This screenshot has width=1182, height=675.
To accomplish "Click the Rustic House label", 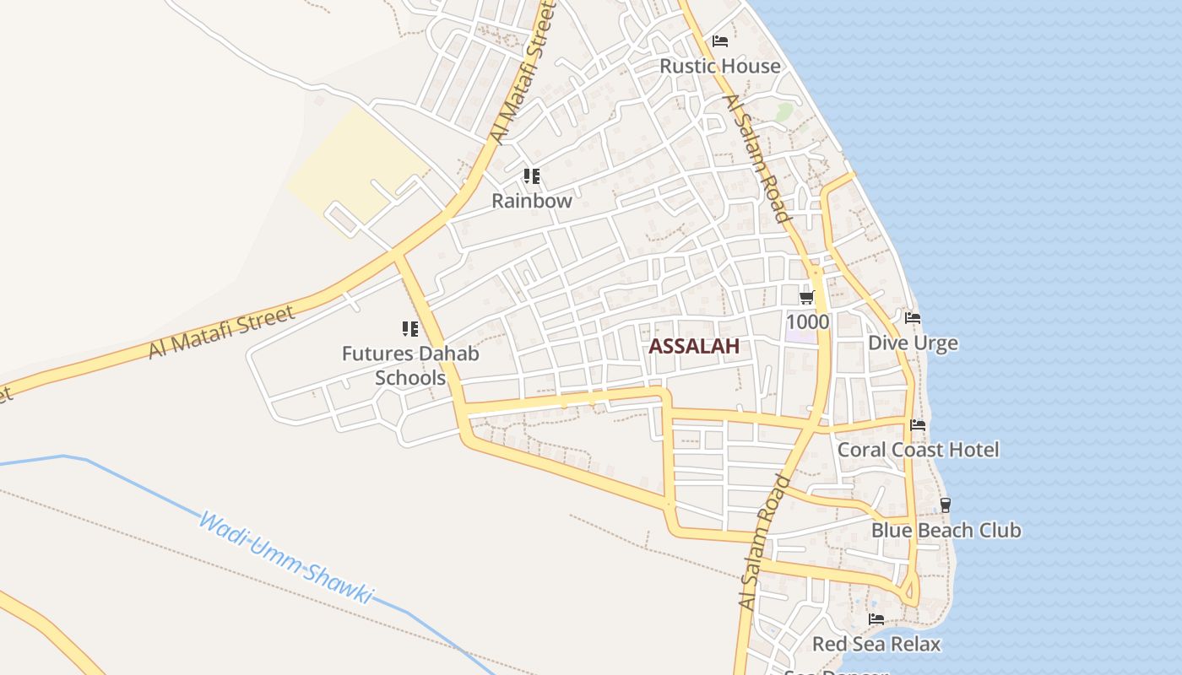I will [x=719, y=66].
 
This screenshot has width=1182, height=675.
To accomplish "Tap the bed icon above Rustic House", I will [x=720, y=40].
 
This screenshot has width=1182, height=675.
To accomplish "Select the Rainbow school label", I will [x=532, y=201].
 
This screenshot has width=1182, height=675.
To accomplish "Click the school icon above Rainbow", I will [x=531, y=176].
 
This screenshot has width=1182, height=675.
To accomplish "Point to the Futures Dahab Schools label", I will [x=410, y=364].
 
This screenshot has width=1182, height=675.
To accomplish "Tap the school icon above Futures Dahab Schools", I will [x=410, y=329].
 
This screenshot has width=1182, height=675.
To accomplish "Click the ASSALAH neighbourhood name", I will [x=694, y=346].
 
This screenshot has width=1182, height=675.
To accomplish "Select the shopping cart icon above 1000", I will [x=806, y=297].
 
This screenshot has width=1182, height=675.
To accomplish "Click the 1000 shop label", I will [x=807, y=321].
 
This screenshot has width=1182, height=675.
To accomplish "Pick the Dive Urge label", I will [x=913, y=343].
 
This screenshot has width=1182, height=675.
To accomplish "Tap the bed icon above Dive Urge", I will [x=913, y=318].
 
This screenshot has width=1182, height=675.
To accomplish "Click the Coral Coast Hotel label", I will [x=918, y=449].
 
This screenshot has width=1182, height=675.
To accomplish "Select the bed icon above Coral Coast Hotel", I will [x=918, y=424].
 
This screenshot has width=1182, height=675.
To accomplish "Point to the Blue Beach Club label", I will [x=946, y=530].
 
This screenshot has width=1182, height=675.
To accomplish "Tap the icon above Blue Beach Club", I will [x=946, y=505].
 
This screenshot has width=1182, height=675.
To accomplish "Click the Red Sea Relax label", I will [x=876, y=644].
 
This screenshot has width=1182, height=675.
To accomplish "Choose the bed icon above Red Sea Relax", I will [x=876, y=619].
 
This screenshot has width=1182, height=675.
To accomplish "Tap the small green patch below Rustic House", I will [x=785, y=111].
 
